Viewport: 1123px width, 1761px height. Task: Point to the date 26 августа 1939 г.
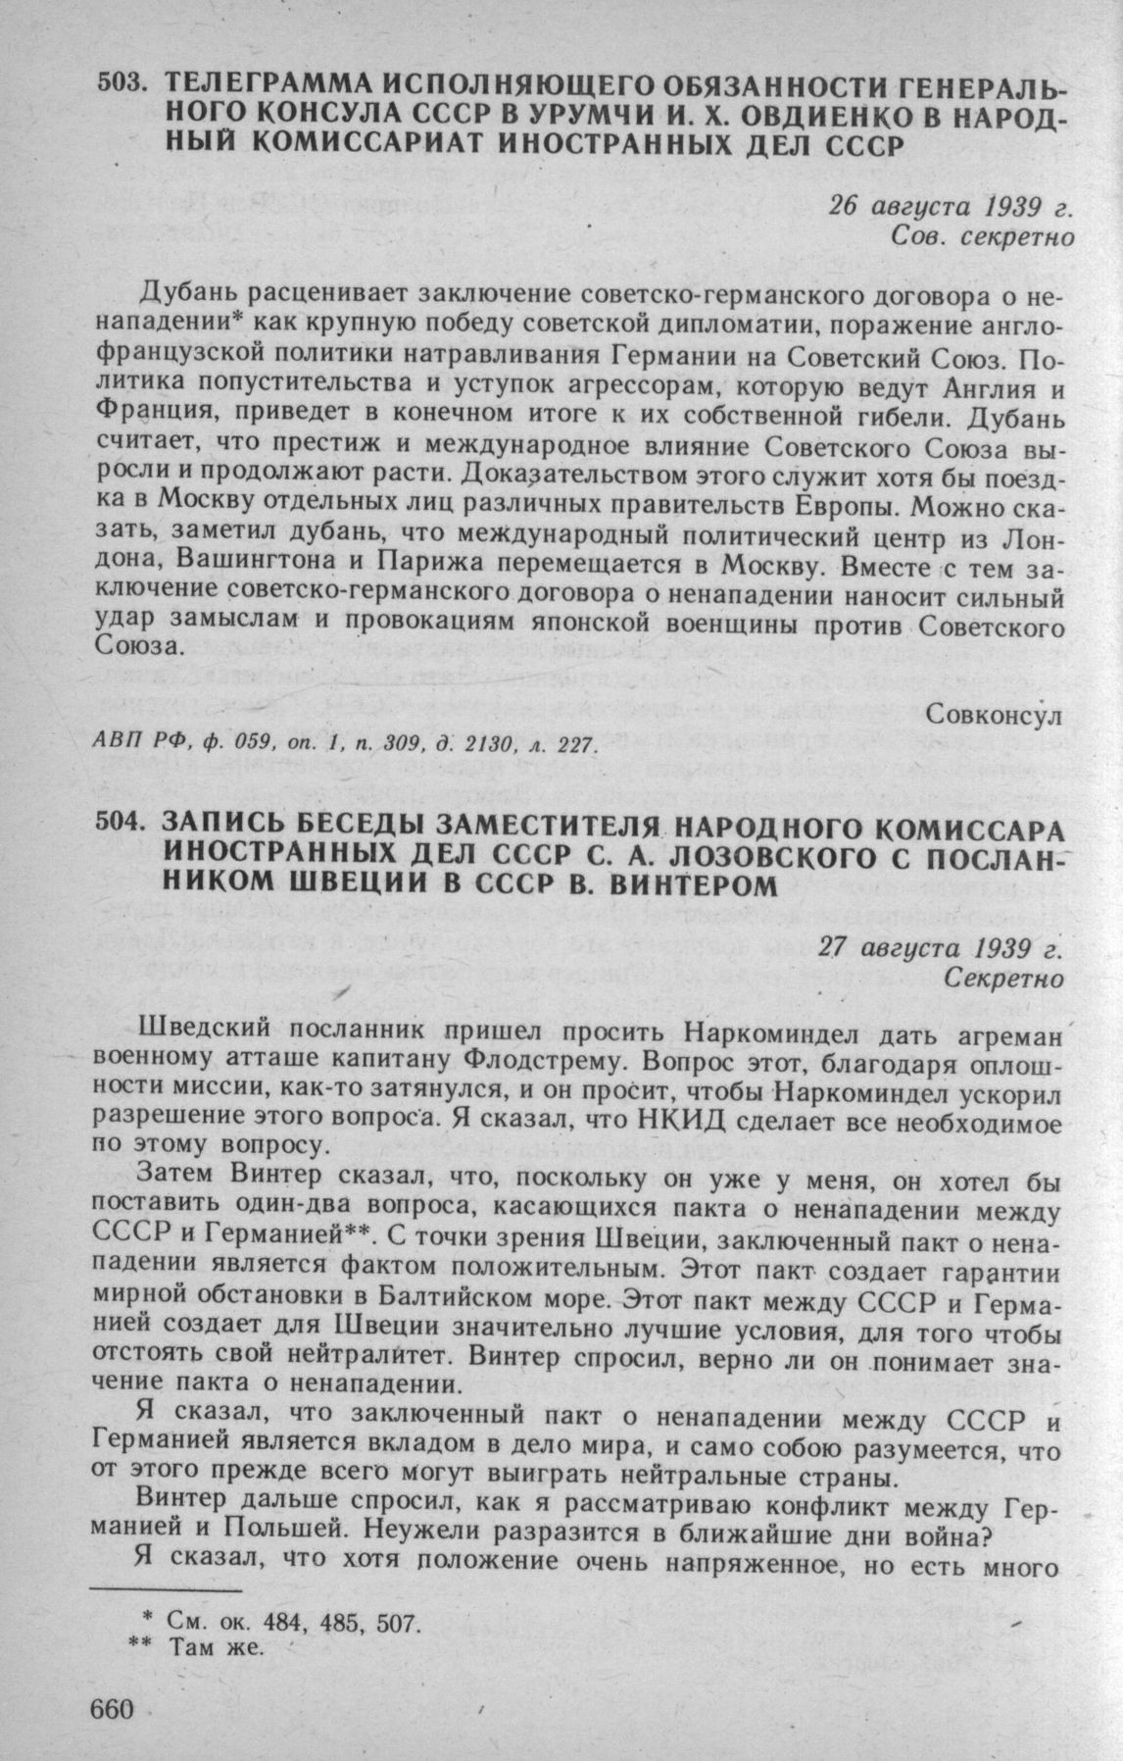coord(946,208)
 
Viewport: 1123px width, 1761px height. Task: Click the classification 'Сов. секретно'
coord(977,237)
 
